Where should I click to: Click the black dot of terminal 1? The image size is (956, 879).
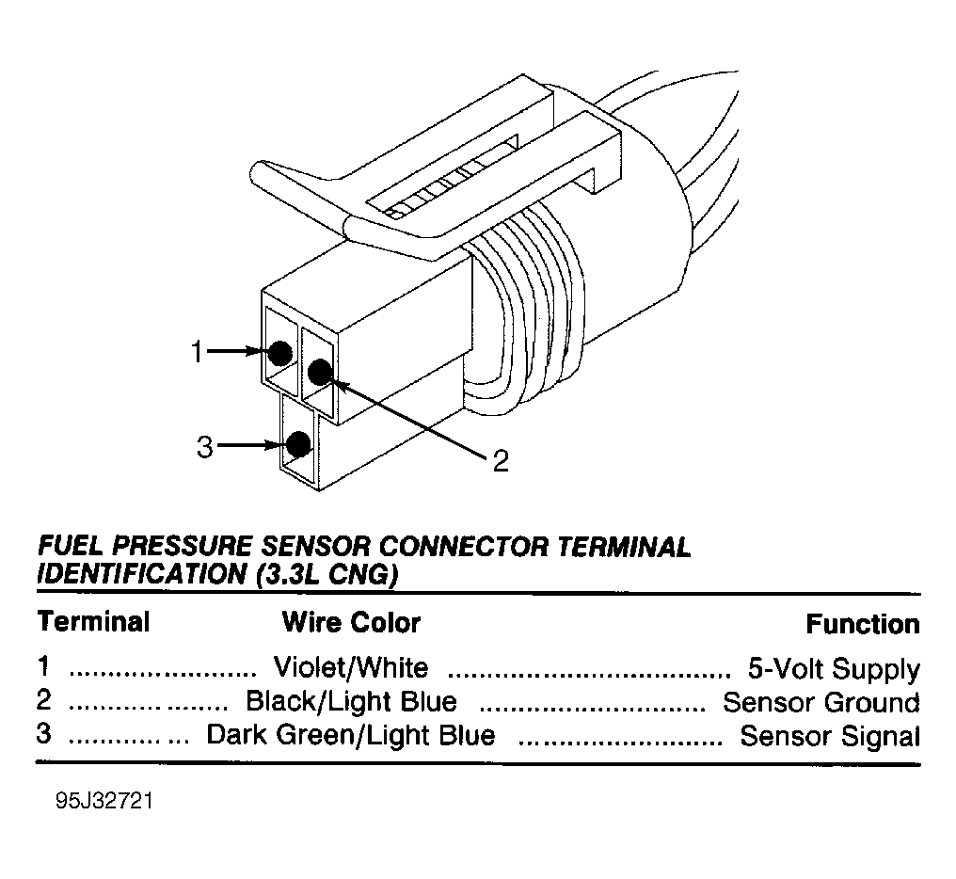[279, 353]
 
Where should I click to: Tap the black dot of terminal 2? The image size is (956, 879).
[320, 372]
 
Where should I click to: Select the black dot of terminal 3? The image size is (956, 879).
[299, 444]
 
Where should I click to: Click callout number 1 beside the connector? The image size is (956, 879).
[197, 352]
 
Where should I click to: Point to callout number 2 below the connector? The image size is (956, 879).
[501, 461]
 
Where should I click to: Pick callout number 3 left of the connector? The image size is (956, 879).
[205, 447]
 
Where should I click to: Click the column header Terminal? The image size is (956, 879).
[93, 621]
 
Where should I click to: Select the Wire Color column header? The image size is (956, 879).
[351, 623]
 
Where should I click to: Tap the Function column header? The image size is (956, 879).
[863, 624]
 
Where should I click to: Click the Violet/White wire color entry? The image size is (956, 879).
[351, 667]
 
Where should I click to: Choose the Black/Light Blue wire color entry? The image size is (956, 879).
[351, 701]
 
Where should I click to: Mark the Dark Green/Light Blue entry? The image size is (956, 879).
[351, 735]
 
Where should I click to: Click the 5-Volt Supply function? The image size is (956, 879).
[834, 669]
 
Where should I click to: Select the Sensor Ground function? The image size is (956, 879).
[821, 703]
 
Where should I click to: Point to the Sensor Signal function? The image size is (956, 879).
[830, 736]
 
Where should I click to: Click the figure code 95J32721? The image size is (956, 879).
[104, 801]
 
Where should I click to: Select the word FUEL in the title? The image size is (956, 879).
[72, 546]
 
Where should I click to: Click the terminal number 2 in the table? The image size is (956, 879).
[44, 700]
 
